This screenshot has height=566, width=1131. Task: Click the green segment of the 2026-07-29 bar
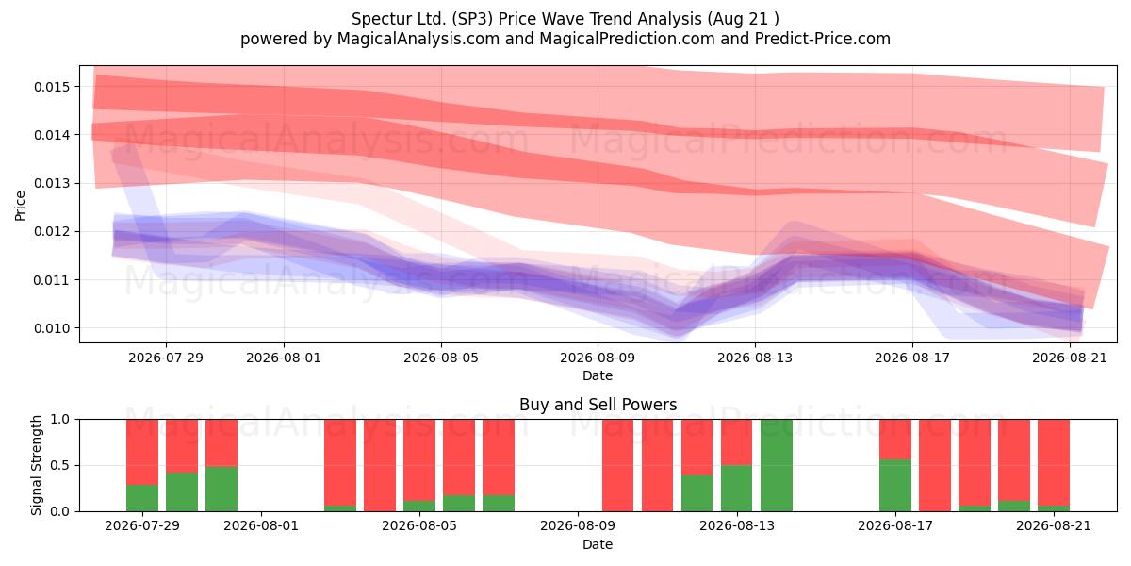coord(142,498)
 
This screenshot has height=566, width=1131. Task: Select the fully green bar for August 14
coord(776,465)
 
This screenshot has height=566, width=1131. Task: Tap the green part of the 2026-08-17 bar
coord(895,485)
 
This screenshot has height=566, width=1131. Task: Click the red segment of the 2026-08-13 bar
coord(737,442)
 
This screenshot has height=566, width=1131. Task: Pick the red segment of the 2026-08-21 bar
coord(1054,462)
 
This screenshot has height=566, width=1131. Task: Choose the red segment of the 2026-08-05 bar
coord(419,460)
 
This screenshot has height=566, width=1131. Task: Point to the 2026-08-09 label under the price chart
coord(598,358)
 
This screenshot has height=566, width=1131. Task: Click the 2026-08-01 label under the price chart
coord(284,358)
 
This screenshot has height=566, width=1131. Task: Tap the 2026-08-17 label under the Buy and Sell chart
coord(895,526)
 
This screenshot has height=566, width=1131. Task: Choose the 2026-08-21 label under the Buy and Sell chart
coord(1054,526)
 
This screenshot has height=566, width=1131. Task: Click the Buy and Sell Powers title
coord(598,405)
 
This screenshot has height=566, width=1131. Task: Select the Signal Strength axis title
coord(36,465)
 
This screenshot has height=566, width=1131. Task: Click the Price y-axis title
coord(20,206)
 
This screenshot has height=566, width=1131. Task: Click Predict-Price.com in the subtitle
coord(823,39)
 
